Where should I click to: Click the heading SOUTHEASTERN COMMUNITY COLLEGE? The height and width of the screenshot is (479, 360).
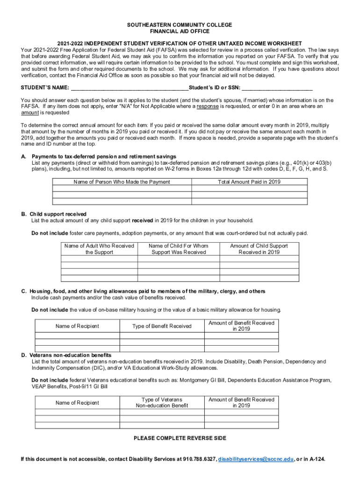point(180,25)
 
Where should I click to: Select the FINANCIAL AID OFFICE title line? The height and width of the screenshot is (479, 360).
point(180,31)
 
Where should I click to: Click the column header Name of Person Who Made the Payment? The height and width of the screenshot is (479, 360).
point(122,182)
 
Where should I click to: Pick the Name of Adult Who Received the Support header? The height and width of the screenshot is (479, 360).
point(99,249)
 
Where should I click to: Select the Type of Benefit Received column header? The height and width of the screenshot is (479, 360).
point(162,326)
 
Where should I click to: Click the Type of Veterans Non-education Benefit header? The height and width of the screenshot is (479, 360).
point(162,402)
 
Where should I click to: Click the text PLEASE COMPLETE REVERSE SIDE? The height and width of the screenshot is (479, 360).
point(180,438)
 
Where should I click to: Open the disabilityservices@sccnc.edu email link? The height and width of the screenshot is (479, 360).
point(256,459)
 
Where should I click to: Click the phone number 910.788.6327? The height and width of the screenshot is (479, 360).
point(200,459)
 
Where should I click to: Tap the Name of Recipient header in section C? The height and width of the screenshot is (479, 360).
point(77,326)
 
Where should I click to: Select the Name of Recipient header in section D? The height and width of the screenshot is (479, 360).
point(77,403)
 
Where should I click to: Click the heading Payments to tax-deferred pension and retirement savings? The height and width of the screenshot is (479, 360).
point(104,156)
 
